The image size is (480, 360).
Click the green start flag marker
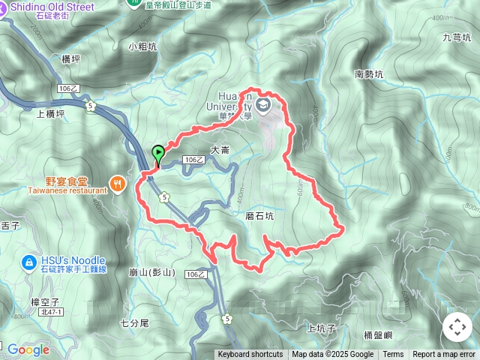159,153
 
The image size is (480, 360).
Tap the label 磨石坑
259,215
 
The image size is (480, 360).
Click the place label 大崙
220,150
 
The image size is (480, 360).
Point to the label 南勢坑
369,74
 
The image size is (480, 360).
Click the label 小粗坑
142,46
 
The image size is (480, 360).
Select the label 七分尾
135,322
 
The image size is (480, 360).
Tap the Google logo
28,349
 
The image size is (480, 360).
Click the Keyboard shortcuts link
250,355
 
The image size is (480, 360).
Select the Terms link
393,355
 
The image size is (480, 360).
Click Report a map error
444,355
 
